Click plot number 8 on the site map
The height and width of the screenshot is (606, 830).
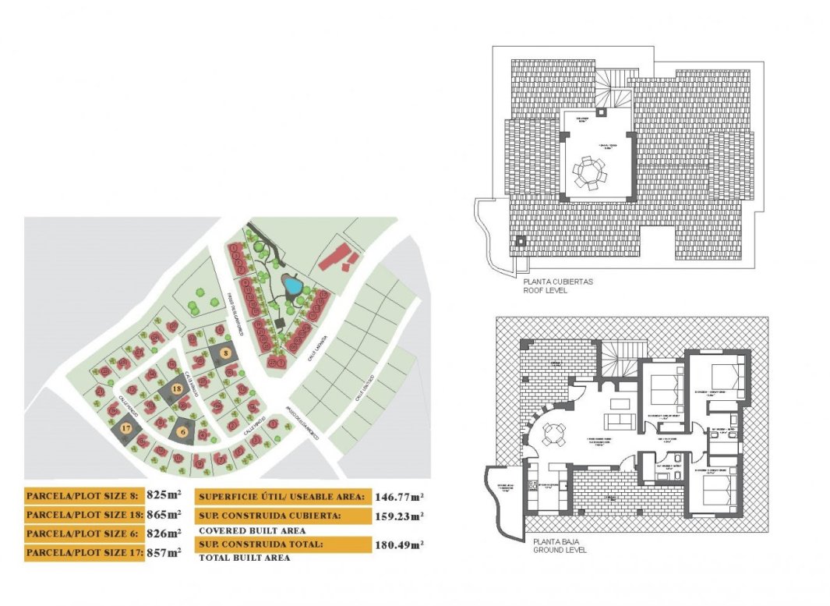click(226, 353)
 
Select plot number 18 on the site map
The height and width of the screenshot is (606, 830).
click(177, 388)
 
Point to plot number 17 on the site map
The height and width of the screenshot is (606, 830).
click(125, 427)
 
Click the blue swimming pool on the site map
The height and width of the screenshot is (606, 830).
click(292, 286)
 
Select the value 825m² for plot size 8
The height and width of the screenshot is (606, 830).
click(164, 495)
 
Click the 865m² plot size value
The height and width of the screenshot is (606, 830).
click(164, 515)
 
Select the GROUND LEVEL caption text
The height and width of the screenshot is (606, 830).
click(559, 550)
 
